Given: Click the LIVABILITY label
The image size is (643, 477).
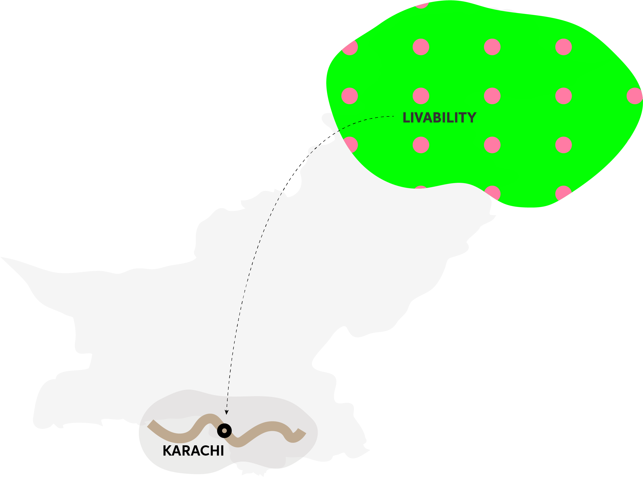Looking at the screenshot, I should pos(439,118).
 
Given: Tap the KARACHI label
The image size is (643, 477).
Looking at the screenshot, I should pos(193,451).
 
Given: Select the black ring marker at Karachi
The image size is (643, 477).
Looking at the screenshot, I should pos(224,431).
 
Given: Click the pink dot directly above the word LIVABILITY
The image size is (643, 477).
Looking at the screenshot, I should pos(421,96).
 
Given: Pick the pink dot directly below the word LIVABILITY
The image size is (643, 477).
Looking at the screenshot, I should pos(421,145).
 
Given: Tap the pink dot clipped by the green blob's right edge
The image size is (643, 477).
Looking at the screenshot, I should pos(634,96).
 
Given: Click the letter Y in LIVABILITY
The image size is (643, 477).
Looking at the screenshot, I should pos(472,118).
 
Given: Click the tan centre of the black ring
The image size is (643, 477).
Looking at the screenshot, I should pos(224,431).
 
